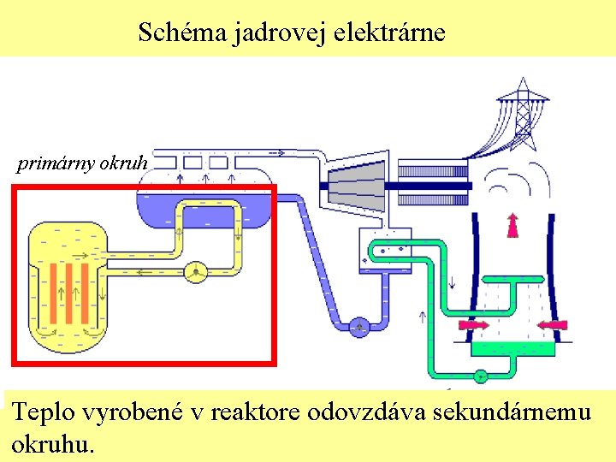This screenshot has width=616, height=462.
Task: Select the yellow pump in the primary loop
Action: coord(197,272)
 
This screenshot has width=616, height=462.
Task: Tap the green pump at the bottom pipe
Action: coord(481,375)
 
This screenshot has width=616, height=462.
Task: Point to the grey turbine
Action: coord(355,186)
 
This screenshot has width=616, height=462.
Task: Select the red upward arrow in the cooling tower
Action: coord(513,224)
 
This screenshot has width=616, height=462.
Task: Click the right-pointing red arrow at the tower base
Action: coord(473,325)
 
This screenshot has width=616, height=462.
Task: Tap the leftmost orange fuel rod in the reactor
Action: coord(52,290)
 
